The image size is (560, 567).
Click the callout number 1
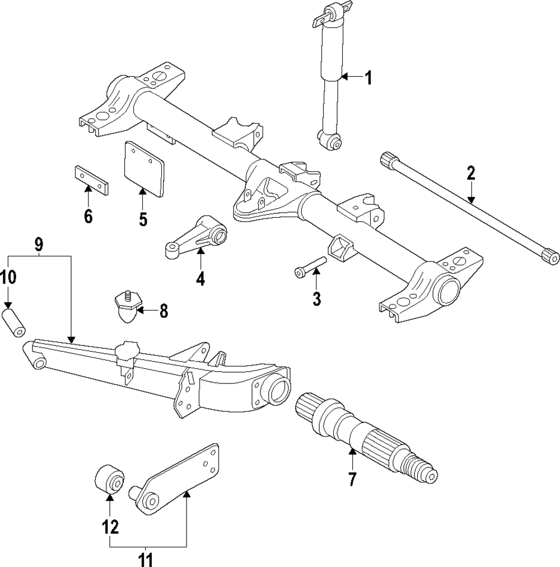[x=368, y=77]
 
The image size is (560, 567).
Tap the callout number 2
[x=470, y=173]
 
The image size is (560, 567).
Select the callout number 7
[x=352, y=479]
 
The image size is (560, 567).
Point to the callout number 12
[x=110, y=526]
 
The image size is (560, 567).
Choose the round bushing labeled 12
[x=108, y=480]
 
